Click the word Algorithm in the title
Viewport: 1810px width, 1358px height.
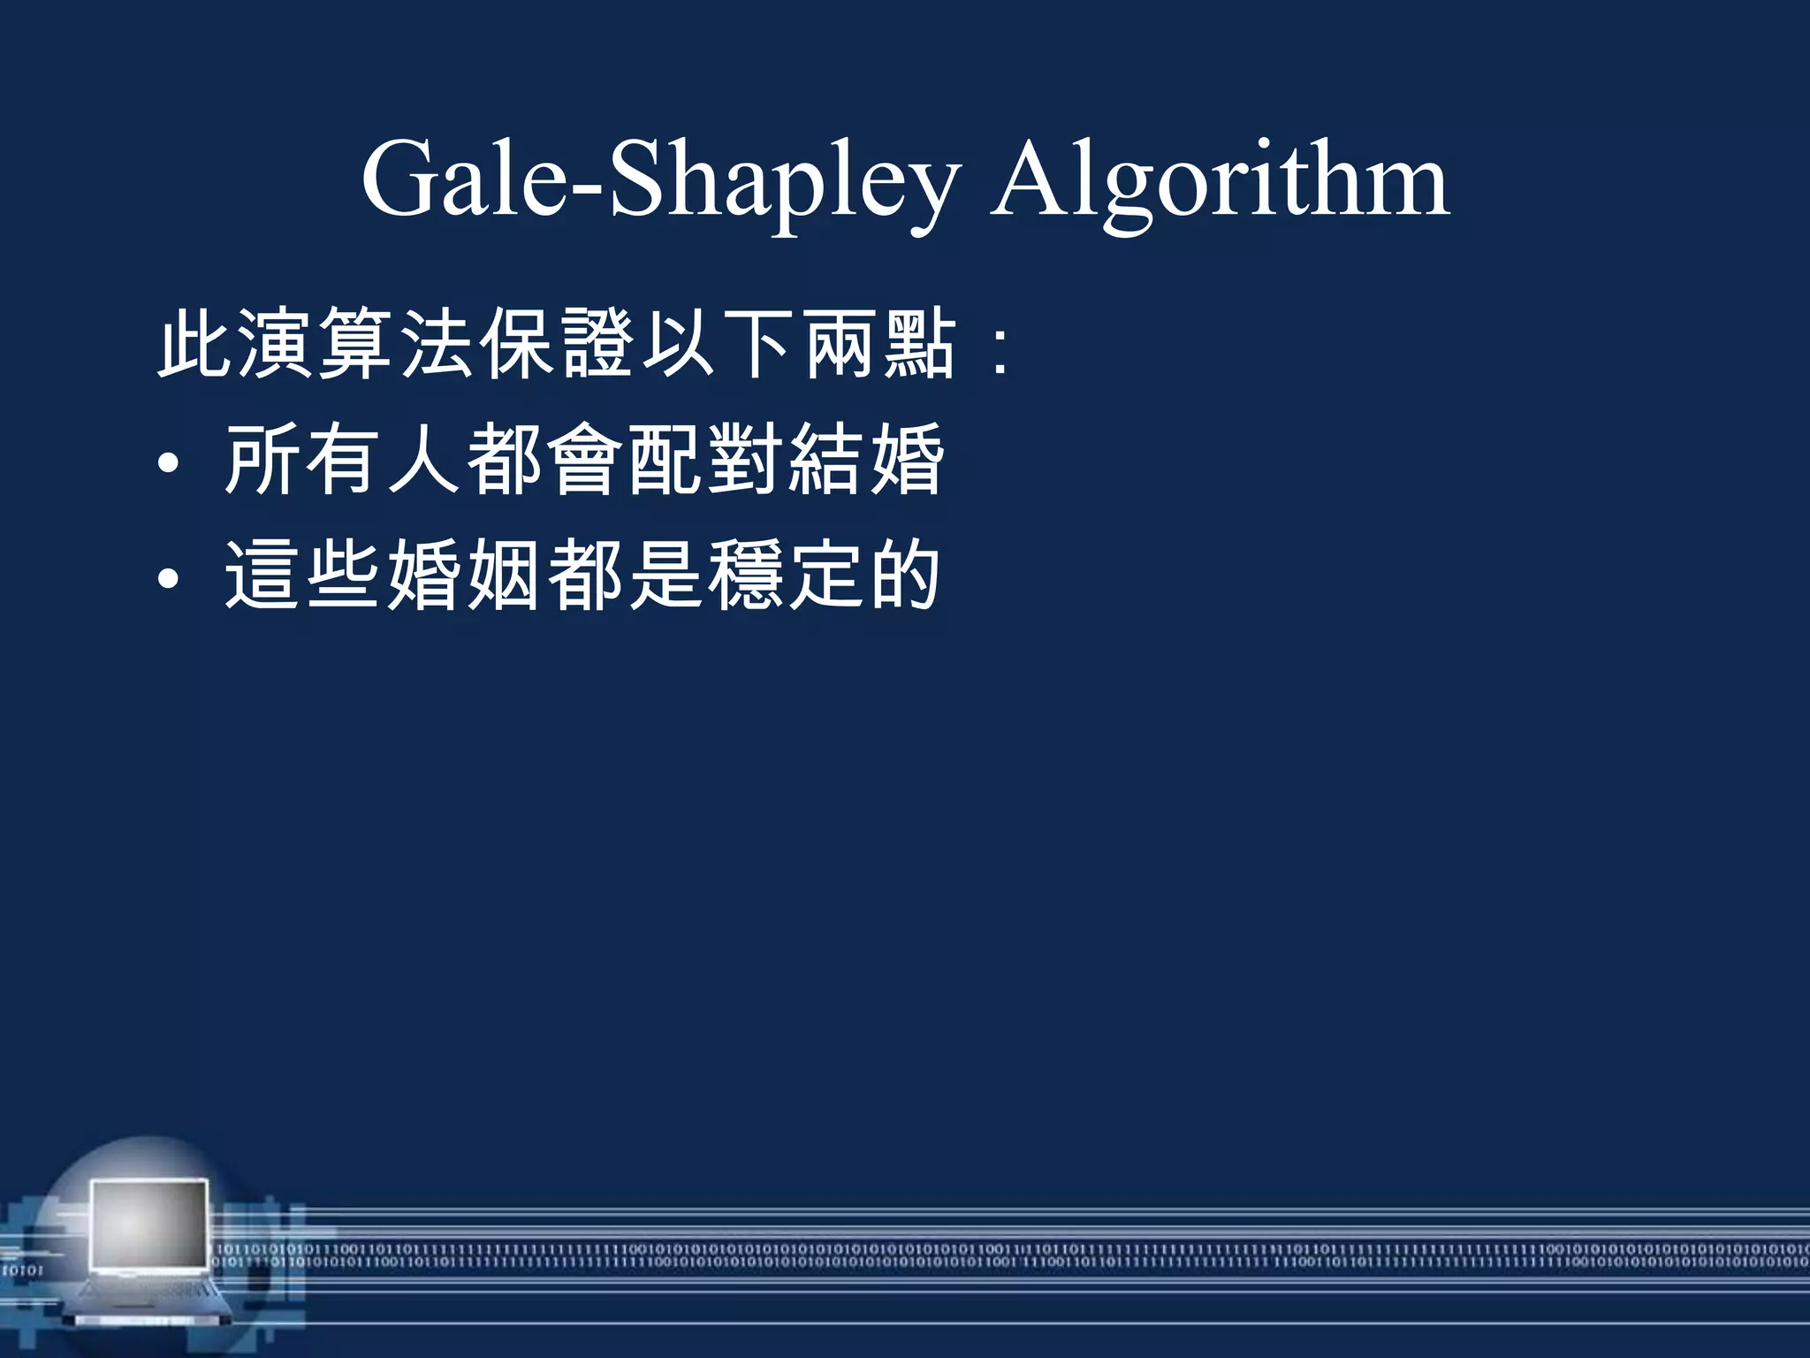click(x=1220, y=181)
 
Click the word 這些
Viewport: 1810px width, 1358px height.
click(x=304, y=576)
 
